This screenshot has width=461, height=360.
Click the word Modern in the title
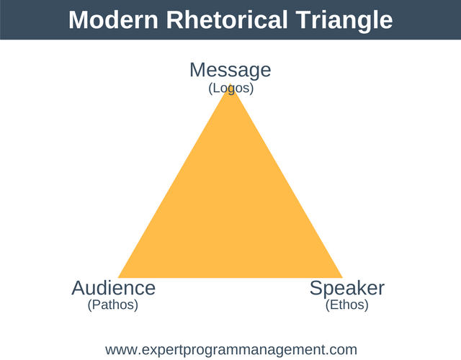click(112, 19)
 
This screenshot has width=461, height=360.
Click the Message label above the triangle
click(230, 70)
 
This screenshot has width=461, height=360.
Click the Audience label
click(113, 288)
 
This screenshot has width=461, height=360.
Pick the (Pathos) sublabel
click(113, 305)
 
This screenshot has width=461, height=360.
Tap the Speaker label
click(347, 288)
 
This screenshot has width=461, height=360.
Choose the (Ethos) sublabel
click(347, 305)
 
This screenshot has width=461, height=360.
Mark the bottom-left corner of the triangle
click(119, 277)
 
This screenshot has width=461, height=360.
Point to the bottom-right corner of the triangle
click(342, 277)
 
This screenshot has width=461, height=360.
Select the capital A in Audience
click(79, 288)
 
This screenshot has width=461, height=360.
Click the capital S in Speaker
click(316, 288)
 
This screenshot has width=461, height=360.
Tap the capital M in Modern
click(79, 19)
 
